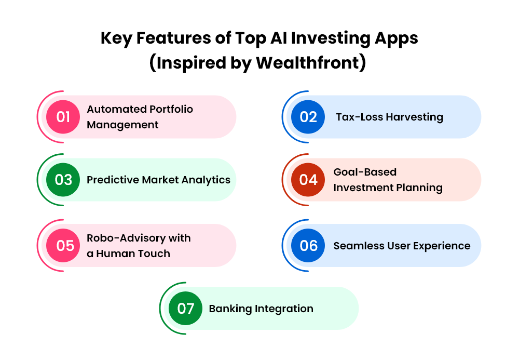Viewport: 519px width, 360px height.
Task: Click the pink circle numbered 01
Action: coord(63,117)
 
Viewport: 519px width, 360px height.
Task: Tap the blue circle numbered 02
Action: coord(308,117)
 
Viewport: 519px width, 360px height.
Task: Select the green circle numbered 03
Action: coord(63,180)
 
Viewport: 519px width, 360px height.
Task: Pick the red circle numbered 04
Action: coord(308,180)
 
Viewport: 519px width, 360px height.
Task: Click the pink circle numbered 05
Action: coord(63,245)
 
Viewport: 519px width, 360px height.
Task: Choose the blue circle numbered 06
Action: coord(308,245)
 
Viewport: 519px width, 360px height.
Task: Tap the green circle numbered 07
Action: coord(185,309)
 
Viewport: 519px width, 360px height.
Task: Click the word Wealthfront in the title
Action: coord(307,62)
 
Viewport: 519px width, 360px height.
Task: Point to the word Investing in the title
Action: coord(331,38)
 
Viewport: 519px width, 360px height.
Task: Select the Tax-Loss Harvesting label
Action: coord(390,117)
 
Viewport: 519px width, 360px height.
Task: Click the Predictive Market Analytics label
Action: coord(158,180)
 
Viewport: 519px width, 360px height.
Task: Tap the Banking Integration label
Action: coord(261,309)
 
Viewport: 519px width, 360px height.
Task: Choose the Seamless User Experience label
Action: coord(402,246)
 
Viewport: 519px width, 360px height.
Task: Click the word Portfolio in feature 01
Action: coord(171,109)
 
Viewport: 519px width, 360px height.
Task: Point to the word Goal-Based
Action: coord(365,172)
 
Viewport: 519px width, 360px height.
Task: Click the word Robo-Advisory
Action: coord(126,238)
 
